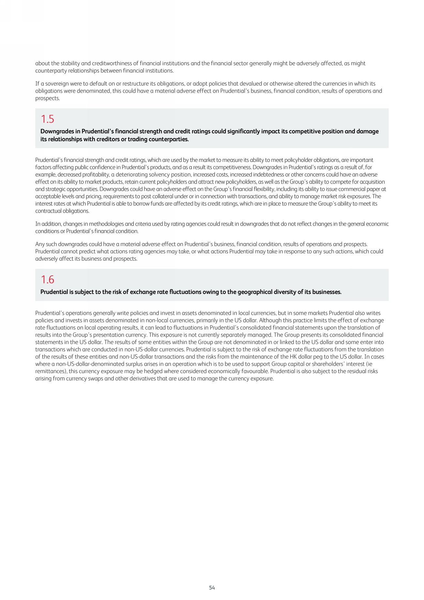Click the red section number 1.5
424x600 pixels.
tap(47, 119)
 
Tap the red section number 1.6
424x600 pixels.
tap(47, 280)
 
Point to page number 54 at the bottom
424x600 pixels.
tap(212, 588)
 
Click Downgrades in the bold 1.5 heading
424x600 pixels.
tap(60, 131)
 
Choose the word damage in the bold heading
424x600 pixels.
tap(368, 131)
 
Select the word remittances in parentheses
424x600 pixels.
tap(49, 371)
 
